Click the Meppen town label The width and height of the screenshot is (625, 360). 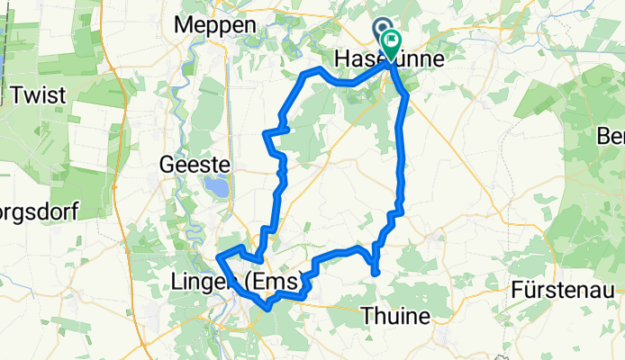219,25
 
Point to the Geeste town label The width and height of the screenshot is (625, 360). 195,165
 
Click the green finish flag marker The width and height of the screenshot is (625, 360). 393,42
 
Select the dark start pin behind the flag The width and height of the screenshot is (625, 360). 381,31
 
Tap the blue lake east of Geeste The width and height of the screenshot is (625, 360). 216,188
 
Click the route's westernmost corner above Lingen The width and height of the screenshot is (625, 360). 219,258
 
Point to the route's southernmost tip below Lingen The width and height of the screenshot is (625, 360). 267,308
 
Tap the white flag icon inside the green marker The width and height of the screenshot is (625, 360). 394,40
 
